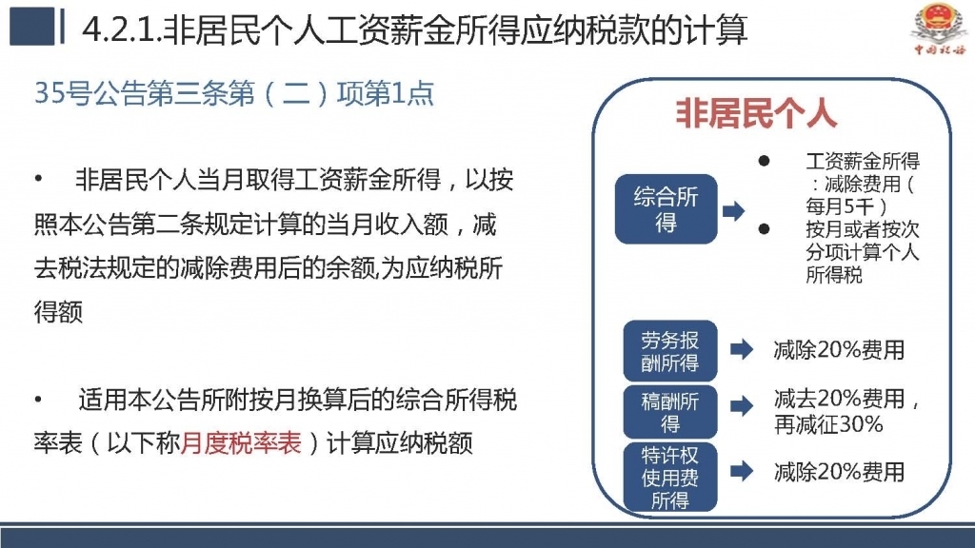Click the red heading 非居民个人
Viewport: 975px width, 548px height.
pyautogui.click(x=756, y=113)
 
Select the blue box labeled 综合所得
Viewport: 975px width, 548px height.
pyautogui.click(x=666, y=208)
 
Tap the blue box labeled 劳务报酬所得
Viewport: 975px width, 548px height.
pyautogui.click(x=670, y=351)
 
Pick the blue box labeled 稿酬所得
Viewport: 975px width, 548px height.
pyautogui.click(x=670, y=412)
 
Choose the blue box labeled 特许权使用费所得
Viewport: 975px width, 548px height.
pyautogui.click(x=670, y=478)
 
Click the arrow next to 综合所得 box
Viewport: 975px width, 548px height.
pyautogui.click(x=734, y=210)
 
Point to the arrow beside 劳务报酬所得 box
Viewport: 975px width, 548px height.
pyautogui.click(x=742, y=349)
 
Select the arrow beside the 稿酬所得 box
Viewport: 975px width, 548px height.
pyautogui.click(x=742, y=406)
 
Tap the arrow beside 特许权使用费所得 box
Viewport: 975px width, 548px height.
pyautogui.click(x=742, y=471)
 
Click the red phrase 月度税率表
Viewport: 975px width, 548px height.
pyautogui.click(x=241, y=443)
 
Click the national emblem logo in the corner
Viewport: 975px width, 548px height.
pyautogui.click(x=939, y=28)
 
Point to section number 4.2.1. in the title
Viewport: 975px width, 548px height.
pyautogui.click(x=122, y=30)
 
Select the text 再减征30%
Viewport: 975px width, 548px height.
pyautogui.click(x=828, y=424)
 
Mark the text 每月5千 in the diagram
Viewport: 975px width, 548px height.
pyautogui.click(x=840, y=206)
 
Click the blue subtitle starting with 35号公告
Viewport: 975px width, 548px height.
pyautogui.click(x=234, y=94)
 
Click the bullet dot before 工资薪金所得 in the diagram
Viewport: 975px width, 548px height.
pyautogui.click(x=765, y=161)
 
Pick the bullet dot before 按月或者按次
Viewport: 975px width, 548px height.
pyautogui.click(x=765, y=229)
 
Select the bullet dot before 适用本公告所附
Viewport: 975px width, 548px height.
pyautogui.click(x=38, y=400)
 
